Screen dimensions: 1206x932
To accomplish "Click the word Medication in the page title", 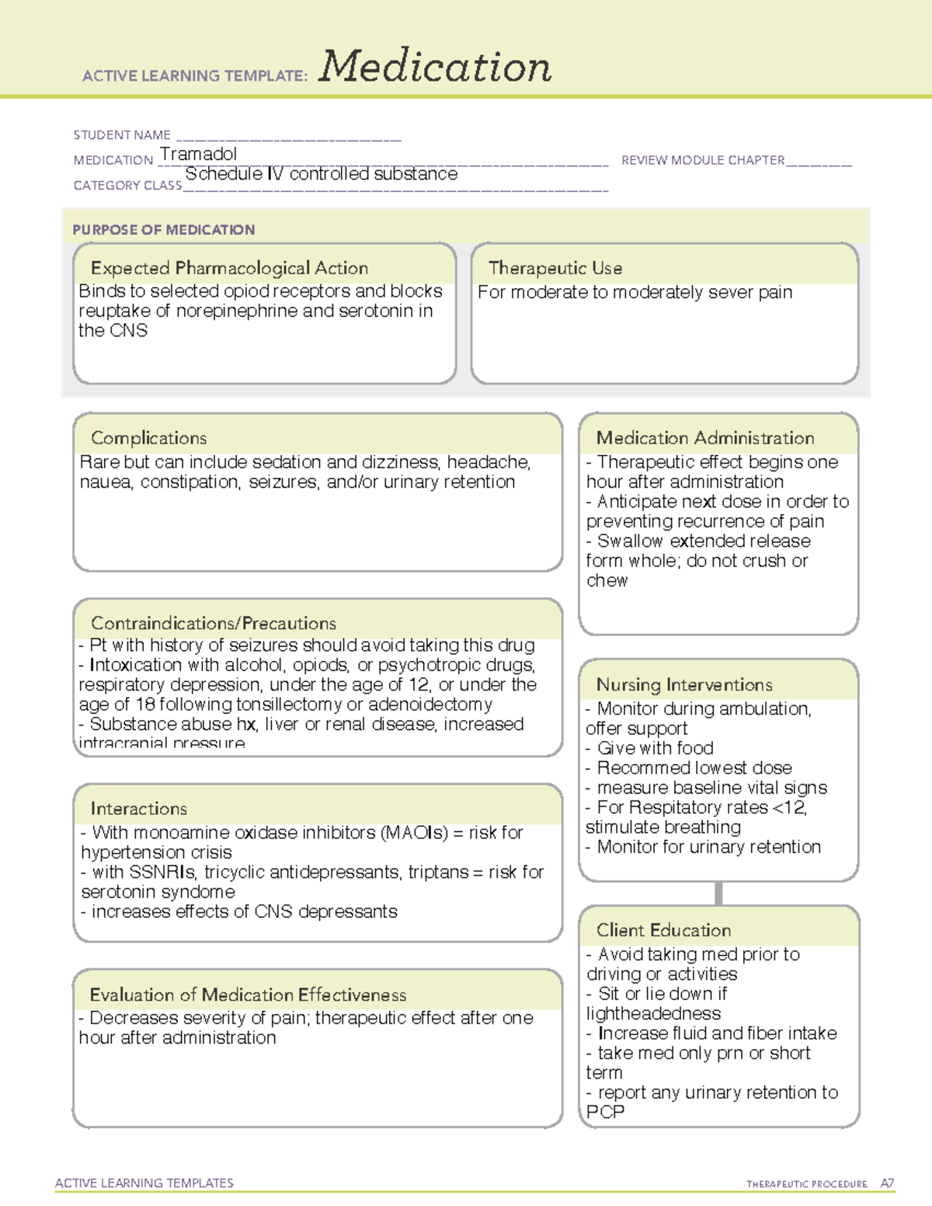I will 434,67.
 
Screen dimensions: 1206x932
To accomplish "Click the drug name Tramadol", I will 198,154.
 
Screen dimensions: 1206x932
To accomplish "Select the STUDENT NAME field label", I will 122,135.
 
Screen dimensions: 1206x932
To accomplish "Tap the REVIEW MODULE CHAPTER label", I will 703,160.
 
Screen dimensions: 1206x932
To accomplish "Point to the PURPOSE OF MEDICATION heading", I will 164,230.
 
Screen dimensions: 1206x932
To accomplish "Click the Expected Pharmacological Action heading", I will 229,268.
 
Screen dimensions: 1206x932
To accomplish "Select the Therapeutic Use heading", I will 555,268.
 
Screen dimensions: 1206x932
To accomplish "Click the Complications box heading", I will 149,438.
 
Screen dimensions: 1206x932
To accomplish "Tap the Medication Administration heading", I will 705,438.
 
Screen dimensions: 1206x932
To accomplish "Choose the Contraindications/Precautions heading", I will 214,623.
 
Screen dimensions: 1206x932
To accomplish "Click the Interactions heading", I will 139,808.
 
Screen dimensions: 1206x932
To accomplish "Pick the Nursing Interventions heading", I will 684,684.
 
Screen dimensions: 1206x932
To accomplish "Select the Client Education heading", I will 664,930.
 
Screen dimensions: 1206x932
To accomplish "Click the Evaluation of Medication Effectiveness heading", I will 248,995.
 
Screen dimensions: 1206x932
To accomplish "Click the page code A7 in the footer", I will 886,1183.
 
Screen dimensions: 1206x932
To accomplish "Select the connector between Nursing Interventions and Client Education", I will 718,893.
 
